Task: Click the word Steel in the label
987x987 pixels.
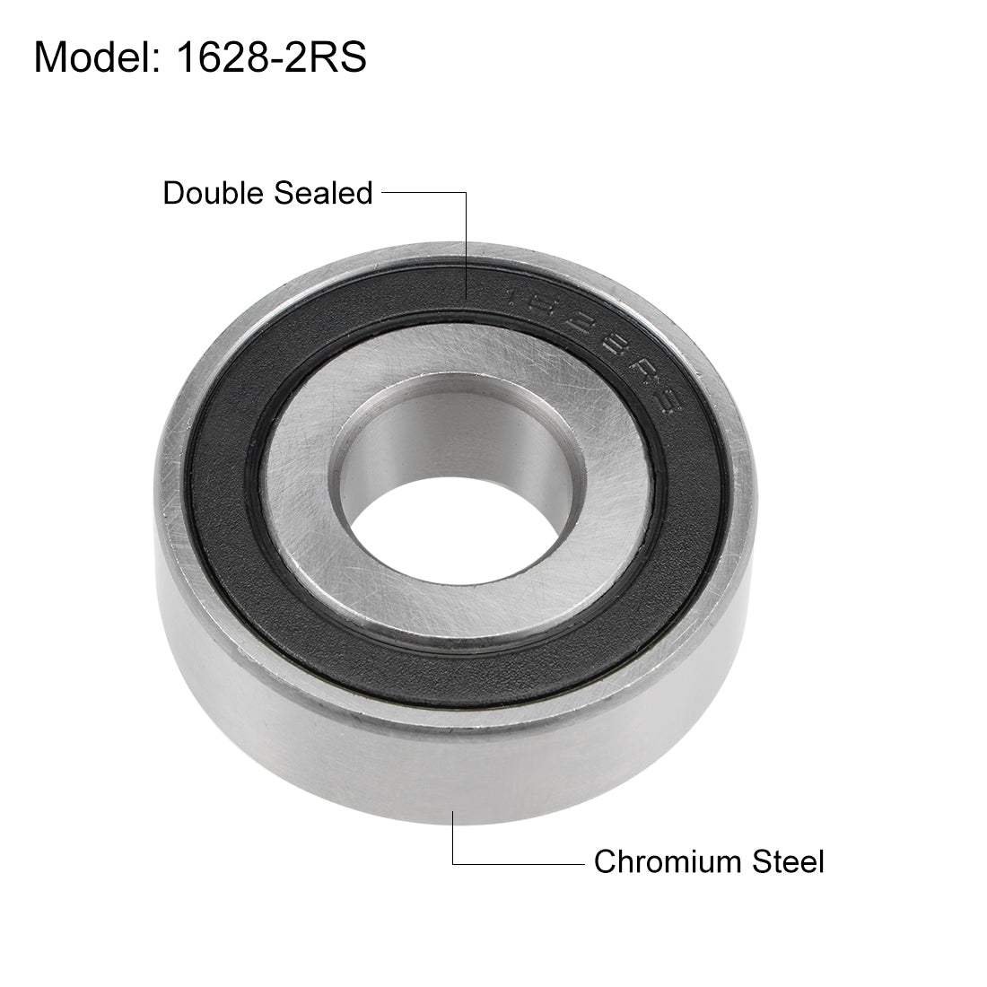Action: pos(788,862)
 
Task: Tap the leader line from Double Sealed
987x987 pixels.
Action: pos(422,167)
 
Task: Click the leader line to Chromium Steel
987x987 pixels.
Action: pos(520,863)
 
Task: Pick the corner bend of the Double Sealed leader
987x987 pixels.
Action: pos(466,167)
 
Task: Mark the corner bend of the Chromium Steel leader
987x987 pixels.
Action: pos(453,863)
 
